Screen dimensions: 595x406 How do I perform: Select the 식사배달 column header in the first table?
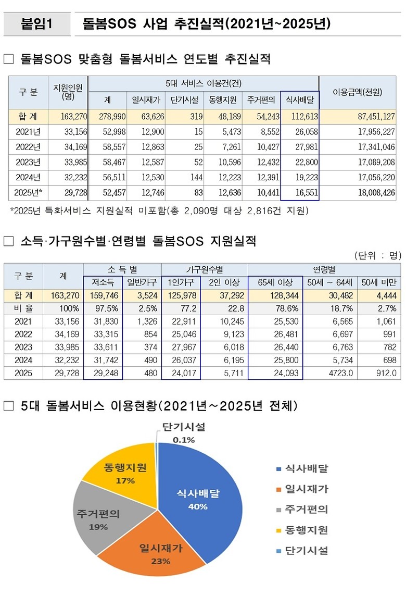(299, 99)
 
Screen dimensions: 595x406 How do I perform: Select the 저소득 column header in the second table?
(103, 282)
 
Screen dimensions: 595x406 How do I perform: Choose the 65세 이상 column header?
(275, 282)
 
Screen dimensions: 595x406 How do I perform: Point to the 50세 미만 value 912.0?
(385, 373)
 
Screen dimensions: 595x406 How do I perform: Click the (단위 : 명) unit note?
(377, 255)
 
